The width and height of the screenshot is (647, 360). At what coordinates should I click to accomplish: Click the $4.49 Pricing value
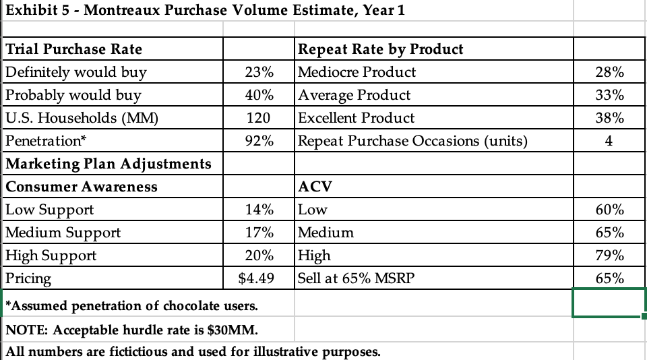257,278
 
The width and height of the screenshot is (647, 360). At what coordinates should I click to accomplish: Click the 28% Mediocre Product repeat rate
610,72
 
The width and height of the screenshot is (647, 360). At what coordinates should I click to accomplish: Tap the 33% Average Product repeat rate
610,95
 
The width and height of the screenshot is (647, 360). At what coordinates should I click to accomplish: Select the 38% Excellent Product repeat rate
610,118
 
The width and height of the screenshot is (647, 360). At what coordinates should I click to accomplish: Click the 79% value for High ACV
610,256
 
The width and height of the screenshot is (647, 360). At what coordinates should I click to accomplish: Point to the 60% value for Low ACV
610,210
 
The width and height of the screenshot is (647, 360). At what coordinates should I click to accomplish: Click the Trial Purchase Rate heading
74,49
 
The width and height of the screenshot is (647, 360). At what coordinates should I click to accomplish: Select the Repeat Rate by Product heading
381,49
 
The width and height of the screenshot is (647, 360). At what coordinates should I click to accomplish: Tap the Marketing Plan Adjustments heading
109,164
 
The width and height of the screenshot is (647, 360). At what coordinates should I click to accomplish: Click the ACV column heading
313,187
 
